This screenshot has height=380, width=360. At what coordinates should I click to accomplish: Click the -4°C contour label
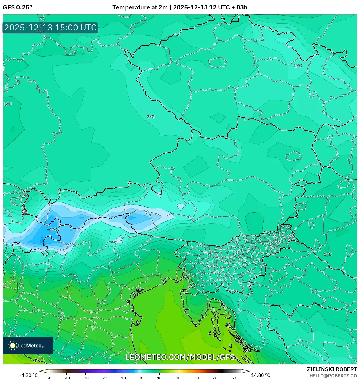(x=52, y=229)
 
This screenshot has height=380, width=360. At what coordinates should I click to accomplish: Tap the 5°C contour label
(x=8, y=104)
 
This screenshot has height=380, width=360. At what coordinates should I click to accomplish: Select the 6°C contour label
(x=328, y=254)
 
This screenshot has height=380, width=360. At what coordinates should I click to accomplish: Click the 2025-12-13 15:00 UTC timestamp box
(x=50, y=28)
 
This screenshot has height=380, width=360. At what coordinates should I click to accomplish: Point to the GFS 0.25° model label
(x=17, y=7)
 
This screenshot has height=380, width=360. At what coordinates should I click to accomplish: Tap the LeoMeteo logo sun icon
(x=13, y=346)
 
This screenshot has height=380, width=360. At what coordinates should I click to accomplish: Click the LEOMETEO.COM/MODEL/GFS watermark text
(x=180, y=357)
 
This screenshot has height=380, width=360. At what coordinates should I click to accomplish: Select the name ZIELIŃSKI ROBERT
(x=332, y=369)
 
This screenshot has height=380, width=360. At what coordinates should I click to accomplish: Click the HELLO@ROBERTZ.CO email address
(x=333, y=376)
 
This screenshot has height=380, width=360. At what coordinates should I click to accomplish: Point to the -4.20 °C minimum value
(x=28, y=375)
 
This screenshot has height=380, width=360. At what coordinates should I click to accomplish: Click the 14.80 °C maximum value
(x=261, y=375)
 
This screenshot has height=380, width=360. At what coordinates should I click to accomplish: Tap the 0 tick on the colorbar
(x=141, y=378)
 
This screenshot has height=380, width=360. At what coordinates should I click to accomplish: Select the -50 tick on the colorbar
(x=48, y=378)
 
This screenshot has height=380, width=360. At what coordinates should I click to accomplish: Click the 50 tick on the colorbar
(x=234, y=378)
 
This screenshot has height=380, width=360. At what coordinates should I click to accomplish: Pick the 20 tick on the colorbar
(x=178, y=378)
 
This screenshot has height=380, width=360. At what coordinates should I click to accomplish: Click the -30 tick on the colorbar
(x=85, y=378)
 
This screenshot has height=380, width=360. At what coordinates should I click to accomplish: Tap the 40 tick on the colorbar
(x=215, y=378)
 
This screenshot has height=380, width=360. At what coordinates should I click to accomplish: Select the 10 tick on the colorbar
(x=159, y=378)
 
